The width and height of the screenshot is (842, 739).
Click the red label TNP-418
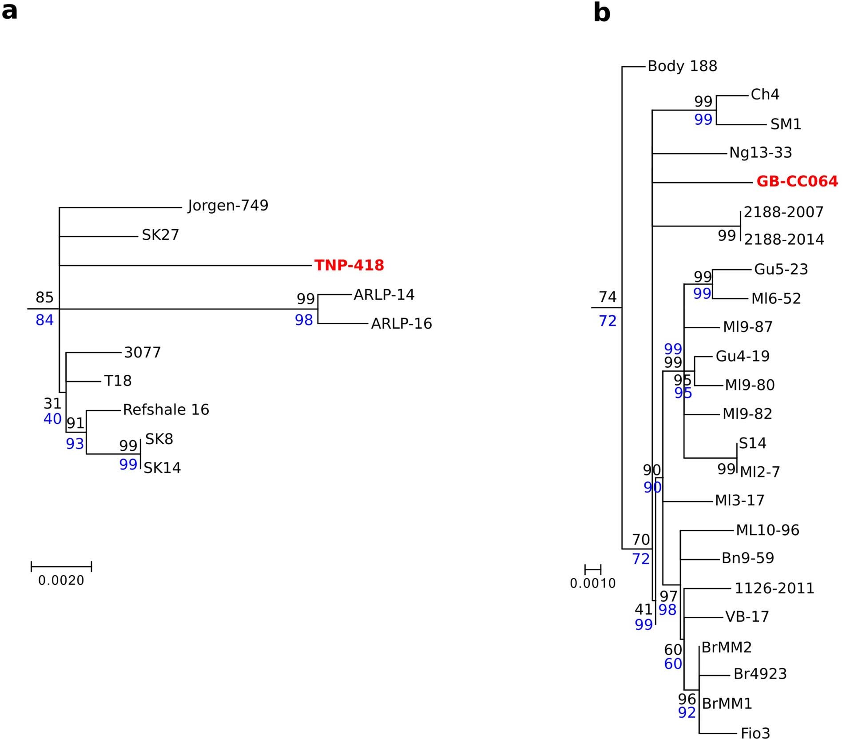point(349,265)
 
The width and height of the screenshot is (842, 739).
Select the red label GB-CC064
point(797,182)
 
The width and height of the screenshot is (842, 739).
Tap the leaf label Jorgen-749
point(228,206)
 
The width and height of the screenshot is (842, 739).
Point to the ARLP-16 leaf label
point(401,324)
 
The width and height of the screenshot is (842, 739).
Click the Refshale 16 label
point(166,409)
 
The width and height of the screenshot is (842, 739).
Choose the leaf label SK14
point(162,468)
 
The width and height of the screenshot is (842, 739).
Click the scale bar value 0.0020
point(61,580)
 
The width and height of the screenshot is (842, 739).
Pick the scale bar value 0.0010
point(593,584)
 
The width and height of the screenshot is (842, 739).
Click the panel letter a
point(10,12)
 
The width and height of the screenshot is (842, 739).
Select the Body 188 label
point(682,66)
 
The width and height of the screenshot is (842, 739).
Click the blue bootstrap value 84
point(44,320)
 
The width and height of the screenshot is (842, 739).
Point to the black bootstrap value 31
point(52,403)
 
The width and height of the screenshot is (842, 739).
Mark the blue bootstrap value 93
point(75,444)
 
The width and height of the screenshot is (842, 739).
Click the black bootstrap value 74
point(608,297)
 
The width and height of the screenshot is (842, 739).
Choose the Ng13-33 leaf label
point(760,153)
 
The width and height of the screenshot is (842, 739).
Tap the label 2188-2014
point(784,240)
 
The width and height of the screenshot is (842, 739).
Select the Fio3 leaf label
point(755,733)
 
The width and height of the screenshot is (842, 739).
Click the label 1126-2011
point(774,588)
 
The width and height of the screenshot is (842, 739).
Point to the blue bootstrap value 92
point(687,713)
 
